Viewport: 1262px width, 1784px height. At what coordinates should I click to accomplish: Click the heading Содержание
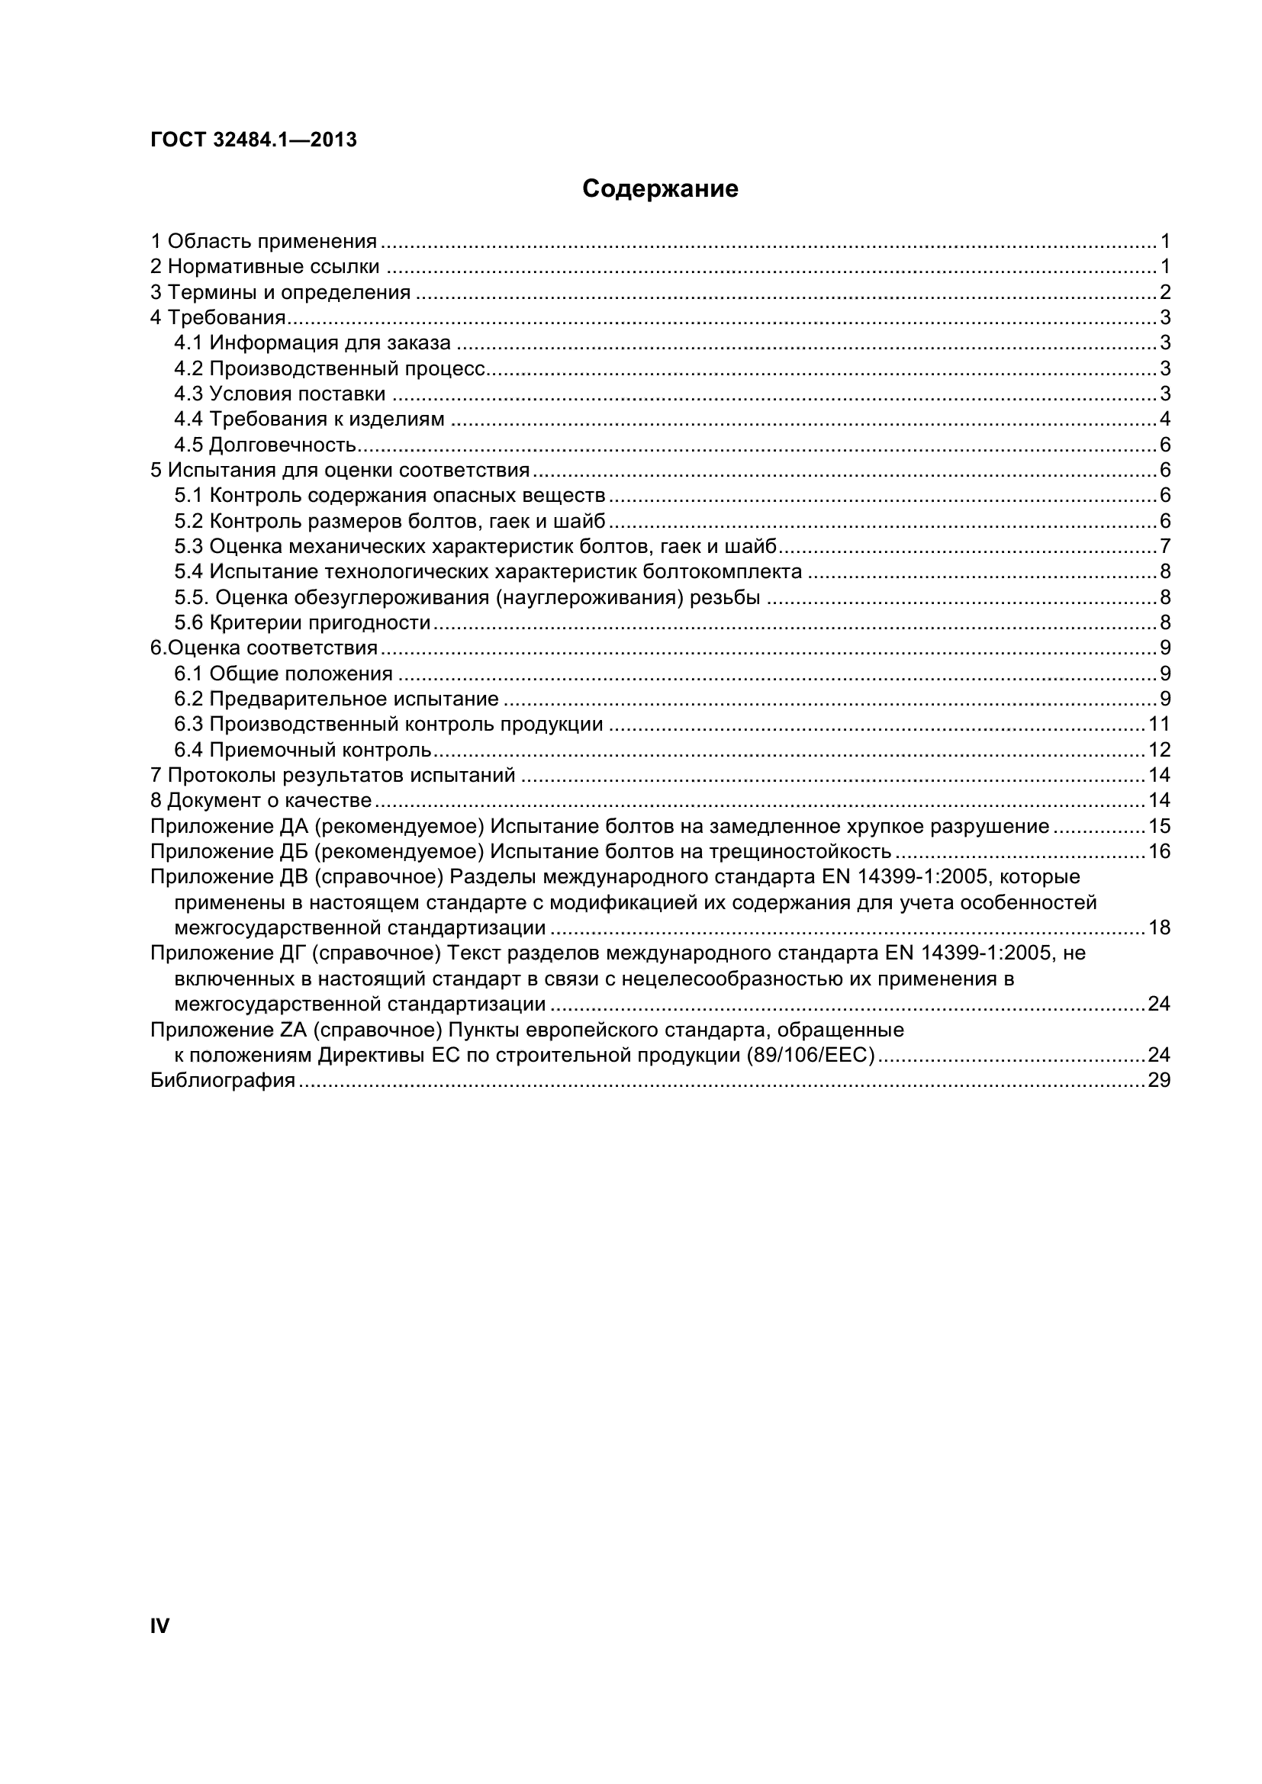point(660,189)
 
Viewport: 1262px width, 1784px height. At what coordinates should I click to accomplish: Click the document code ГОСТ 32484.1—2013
point(253,140)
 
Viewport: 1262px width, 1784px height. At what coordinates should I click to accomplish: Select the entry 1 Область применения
point(263,242)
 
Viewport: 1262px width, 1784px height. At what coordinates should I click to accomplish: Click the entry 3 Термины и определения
point(281,293)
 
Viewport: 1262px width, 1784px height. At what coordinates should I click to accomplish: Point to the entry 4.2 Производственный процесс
point(330,368)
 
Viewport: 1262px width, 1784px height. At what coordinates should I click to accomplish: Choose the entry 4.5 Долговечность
point(265,445)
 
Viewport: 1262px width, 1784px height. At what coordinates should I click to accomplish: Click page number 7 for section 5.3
point(1164,547)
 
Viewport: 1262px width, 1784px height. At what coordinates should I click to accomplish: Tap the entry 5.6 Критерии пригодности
point(302,622)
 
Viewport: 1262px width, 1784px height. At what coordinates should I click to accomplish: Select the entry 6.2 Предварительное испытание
point(336,699)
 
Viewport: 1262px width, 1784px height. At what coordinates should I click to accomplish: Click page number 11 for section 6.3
point(1159,725)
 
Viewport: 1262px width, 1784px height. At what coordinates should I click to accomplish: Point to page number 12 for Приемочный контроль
point(1159,751)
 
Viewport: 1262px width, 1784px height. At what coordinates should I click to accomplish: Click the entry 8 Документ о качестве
point(261,801)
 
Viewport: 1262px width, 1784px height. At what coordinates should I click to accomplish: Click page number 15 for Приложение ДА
point(1159,827)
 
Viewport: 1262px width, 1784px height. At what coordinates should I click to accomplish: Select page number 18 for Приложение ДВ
point(1159,928)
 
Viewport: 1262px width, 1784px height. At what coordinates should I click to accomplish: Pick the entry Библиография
point(223,1081)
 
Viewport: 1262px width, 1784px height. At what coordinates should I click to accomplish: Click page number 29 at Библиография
point(1159,1081)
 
